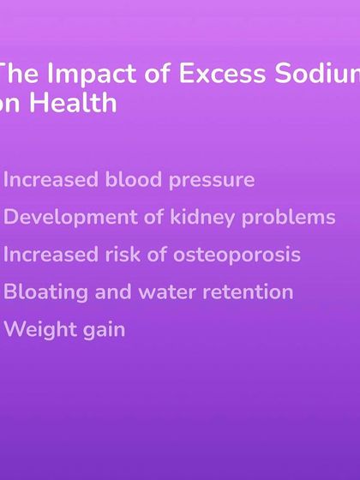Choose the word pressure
[x=214, y=181]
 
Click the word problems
[x=288, y=218]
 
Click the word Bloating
[x=45, y=292]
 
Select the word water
[x=169, y=292]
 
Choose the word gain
[x=102, y=330]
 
